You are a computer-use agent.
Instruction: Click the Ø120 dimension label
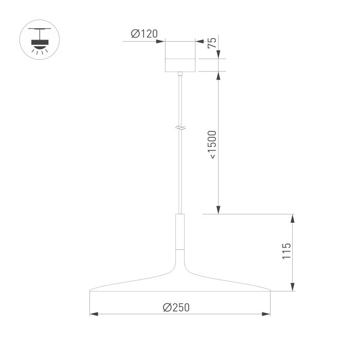(x=144, y=34)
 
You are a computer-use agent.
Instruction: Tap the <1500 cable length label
(x=212, y=145)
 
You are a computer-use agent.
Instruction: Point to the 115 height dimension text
(x=286, y=251)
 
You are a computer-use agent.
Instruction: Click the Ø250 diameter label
(x=176, y=307)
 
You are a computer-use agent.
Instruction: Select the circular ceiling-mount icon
(x=39, y=40)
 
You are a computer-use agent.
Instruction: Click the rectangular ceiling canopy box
(x=180, y=57)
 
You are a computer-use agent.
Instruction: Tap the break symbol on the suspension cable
(x=180, y=126)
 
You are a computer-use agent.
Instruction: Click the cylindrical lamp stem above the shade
(x=180, y=231)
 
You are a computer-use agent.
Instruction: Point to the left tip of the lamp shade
(x=91, y=291)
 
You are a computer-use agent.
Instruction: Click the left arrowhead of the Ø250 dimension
(x=94, y=314)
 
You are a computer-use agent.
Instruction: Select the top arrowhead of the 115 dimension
(x=293, y=218)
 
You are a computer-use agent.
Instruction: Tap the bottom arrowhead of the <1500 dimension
(x=219, y=209)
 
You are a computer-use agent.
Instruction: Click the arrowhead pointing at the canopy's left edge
(x=161, y=42)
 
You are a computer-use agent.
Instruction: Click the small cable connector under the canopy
(x=180, y=75)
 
